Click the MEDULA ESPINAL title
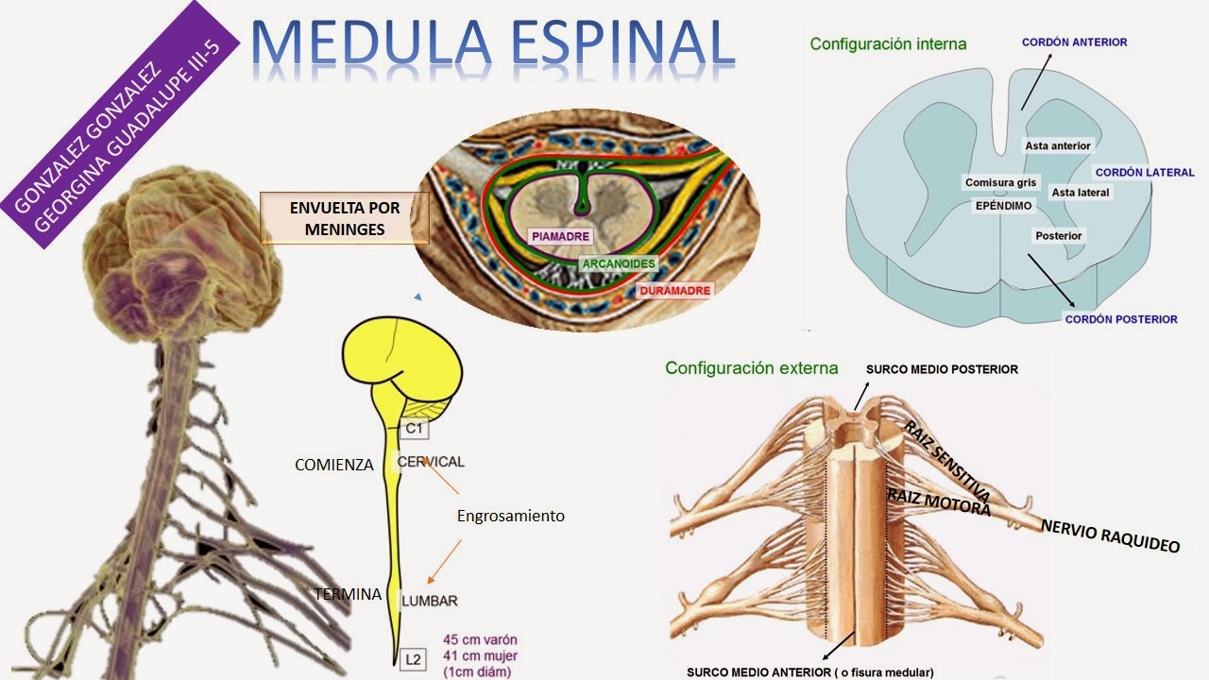(493, 44)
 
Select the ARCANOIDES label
(619, 263)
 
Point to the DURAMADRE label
(674, 291)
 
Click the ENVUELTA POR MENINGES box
(345, 218)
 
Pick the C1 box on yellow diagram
(414, 430)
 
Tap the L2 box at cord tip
(412, 660)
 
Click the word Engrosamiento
(510, 516)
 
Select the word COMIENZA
(334, 465)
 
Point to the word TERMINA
(348, 594)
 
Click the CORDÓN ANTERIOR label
(1074, 42)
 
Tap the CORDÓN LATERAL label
(1145, 173)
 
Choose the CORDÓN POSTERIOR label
(1121, 319)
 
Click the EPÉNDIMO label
(1004, 204)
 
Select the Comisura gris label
(1001, 182)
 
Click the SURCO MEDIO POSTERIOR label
(942, 369)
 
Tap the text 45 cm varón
(480, 639)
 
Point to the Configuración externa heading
(738, 368)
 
